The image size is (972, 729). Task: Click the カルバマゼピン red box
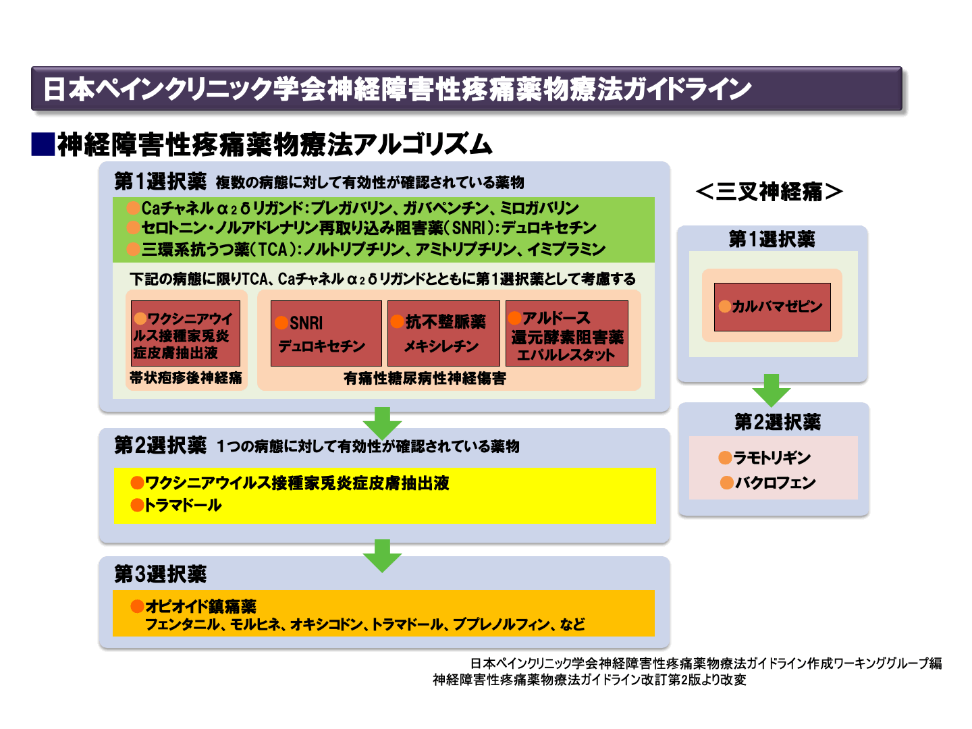[x=772, y=307]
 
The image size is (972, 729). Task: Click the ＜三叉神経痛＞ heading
[x=769, y=192]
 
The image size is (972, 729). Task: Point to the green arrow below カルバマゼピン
[x=772, y=389]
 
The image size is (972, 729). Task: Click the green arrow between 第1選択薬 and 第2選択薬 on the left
[x=382, y=423]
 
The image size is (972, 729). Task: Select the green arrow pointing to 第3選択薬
[x=382, y=556]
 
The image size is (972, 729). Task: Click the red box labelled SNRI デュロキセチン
[x=326, y=333]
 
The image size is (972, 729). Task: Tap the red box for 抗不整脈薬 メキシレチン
[x=443, y=333]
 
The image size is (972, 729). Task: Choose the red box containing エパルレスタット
[x=567, y=333]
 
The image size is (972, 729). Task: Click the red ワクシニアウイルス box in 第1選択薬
[x=186, y=333]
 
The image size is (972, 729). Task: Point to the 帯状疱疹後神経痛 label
[x=186, y=378]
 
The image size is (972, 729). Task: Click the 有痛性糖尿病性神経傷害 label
[x=425, y=379]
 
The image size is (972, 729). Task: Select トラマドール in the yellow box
[x=183, y=506]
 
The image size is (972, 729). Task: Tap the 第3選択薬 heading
[x=160, y=574]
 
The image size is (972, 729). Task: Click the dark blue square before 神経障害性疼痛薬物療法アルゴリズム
[x=43, y=144]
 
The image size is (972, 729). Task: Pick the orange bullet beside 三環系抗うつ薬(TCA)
[x=133, y=250]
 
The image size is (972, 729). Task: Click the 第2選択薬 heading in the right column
[x=777, y=423]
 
